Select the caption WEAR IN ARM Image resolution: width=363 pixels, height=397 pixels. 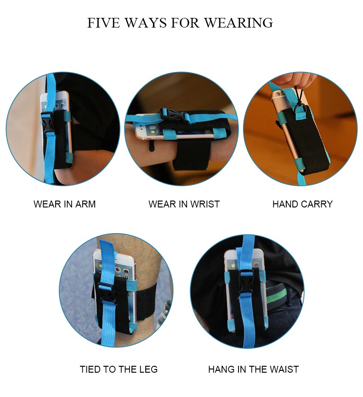pyautogui.click(x=65, y=204)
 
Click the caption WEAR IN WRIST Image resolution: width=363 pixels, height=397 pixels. pyautogui.click(x=184, y=204)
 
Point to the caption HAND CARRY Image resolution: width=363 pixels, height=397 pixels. pyautogui.click(x=302, y=204)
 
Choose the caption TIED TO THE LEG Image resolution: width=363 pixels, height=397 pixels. pyautogui.click(x=119, y=369)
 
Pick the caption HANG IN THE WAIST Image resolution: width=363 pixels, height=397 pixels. pyautogui.click(x=254, y=369)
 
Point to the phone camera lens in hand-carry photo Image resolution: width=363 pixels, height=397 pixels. pyautogui.click(x=279, y=94)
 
